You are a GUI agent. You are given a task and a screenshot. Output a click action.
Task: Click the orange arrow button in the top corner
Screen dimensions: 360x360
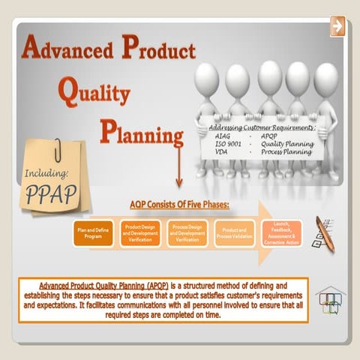337,26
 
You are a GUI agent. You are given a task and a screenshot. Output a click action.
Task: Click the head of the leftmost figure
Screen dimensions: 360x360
208,76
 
